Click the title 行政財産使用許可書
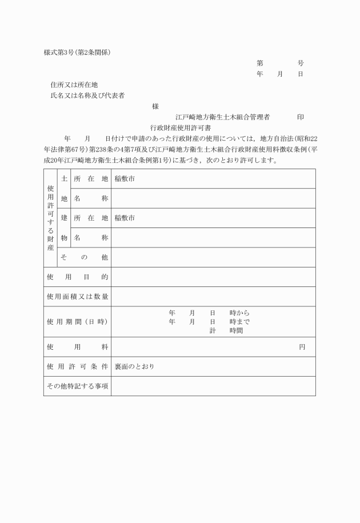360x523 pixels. point(181,128)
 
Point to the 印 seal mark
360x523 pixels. point(301,117)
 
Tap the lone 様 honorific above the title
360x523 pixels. point(155,106)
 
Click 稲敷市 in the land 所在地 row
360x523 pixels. point(125,179)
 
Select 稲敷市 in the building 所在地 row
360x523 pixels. point(125,218)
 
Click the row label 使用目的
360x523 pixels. point(77,277)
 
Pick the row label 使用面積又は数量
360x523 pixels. point(77,297)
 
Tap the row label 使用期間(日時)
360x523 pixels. point(77,322)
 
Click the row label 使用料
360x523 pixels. point(77,347)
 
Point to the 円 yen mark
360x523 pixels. point(302,347)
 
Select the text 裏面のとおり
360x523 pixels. point(134,366)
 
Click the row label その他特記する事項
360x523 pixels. point(77,386)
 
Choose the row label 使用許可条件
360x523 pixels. point(77,366)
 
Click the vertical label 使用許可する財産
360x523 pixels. point(51,218)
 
